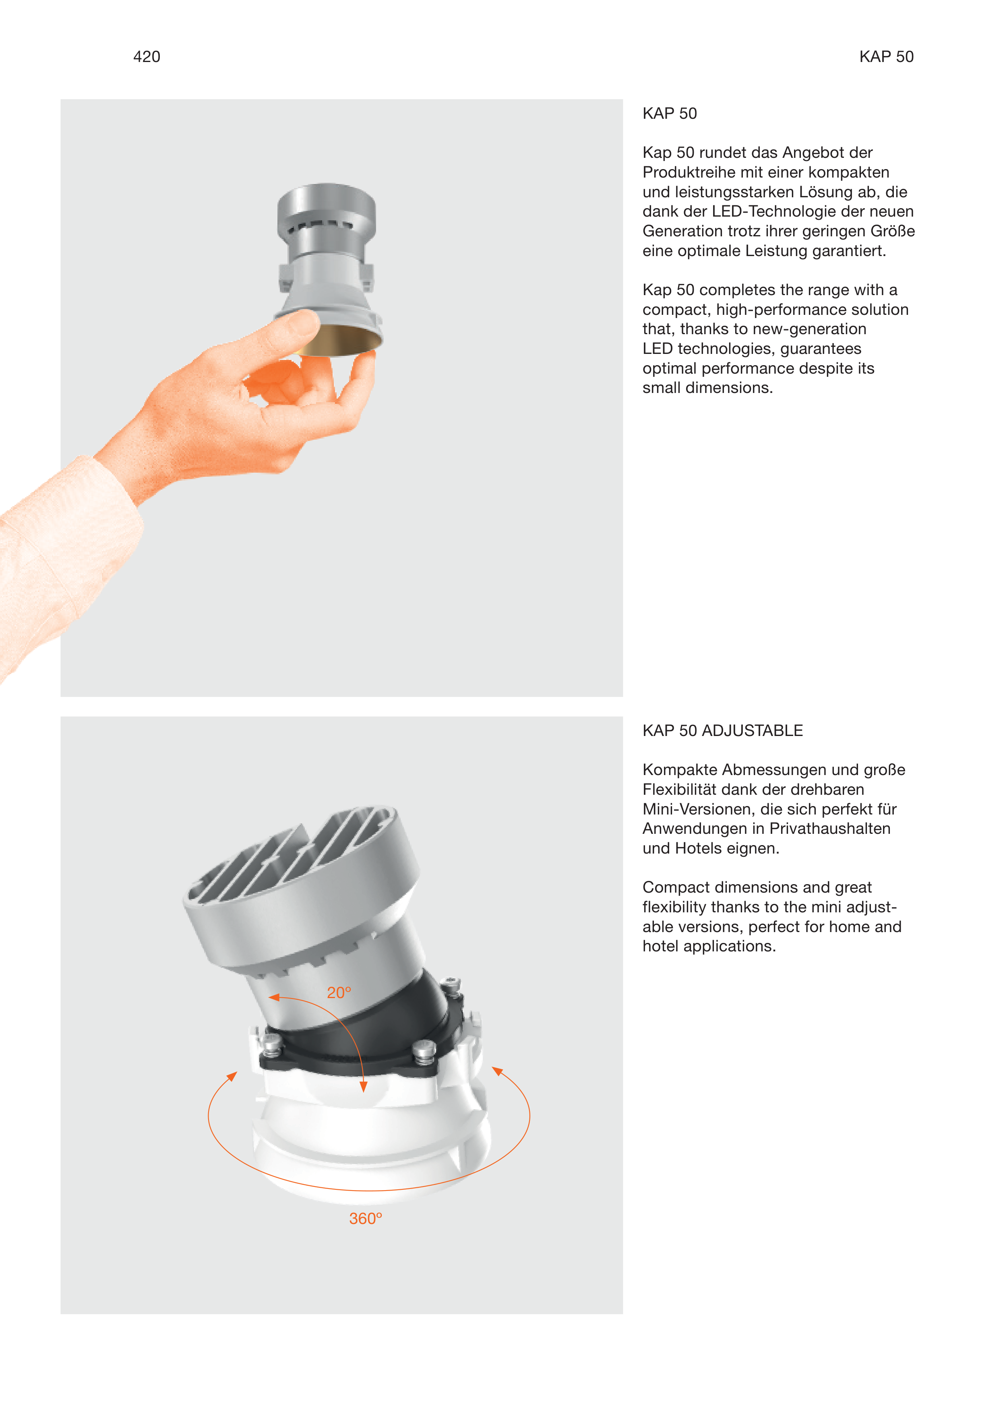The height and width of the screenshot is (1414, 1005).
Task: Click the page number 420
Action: pos(147,57)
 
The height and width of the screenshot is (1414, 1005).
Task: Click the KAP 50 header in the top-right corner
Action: pos(886,57)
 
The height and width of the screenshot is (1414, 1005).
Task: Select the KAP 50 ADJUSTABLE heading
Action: pos(722,731)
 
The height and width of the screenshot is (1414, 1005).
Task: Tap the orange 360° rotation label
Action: pos(366,1219)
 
